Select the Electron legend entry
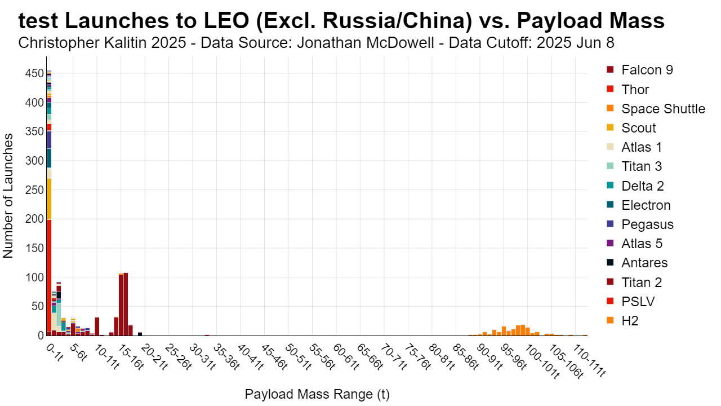click(639, 205)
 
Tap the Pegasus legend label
click(647, 224)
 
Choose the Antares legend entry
click(637, 263)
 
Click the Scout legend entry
click(631, 128)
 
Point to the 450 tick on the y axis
click(34, 73)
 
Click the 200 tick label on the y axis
click(34, 219)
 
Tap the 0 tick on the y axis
click(41, 336)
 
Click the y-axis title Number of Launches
click(8, 196)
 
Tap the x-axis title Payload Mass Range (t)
click(317, 394)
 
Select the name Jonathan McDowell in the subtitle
click(366, 42)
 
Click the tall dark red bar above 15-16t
click(126, 304)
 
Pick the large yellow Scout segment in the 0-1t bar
click(49, 199)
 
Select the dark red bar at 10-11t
click(97, 326)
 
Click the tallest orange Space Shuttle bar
click(523, 330)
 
